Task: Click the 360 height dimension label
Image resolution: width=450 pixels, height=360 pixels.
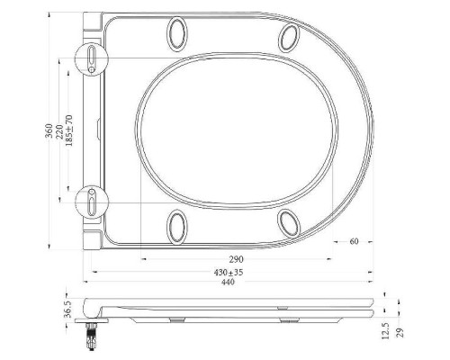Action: pos(50,134)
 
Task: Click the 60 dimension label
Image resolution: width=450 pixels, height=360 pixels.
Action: pos(355,241)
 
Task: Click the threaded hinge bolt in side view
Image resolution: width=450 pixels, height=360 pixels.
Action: pos(91,337)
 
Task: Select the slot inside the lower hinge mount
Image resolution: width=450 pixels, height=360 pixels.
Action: pos(94,202)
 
